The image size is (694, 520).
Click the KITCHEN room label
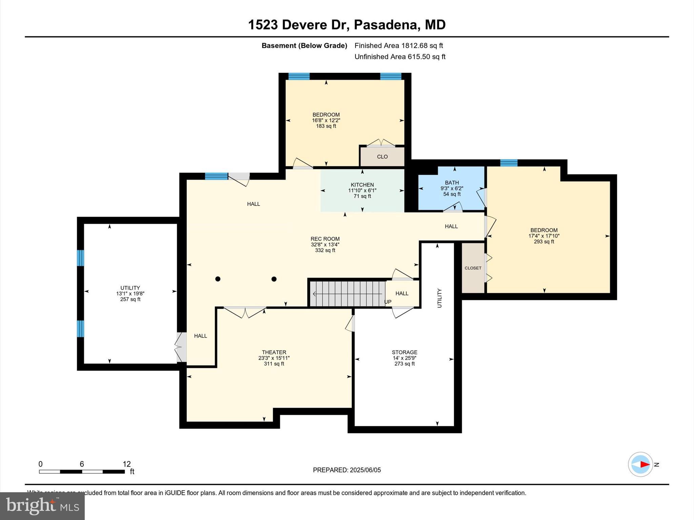(x=362, y=185)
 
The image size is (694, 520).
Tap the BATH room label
(x=452, y=183)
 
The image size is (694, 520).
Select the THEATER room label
(x=274, y=352)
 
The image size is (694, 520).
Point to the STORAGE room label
(x=404, y=352)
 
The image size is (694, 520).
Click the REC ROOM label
(x=325, y=239)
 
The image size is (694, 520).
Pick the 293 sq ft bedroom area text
(x=544, y=242)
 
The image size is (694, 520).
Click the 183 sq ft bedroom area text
(x=326, y=126)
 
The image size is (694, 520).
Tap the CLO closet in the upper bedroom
(x=382, y=157)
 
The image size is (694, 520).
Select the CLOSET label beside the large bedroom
(x=473, y=268)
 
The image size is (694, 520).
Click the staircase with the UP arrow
(x=347, y=294)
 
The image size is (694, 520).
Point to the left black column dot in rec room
(x=218, y=279)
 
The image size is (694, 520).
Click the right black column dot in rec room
(x=274, y=279)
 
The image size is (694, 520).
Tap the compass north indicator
(x=640, y=464)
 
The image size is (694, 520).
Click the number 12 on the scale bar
(x=126, y=464)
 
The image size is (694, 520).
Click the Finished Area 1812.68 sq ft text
(x=399, y=46)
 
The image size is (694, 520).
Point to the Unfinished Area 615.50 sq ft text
(x=400, y=57)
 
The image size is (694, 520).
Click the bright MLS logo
(x=42, y=506)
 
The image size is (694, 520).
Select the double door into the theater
(x=245, y=312)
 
